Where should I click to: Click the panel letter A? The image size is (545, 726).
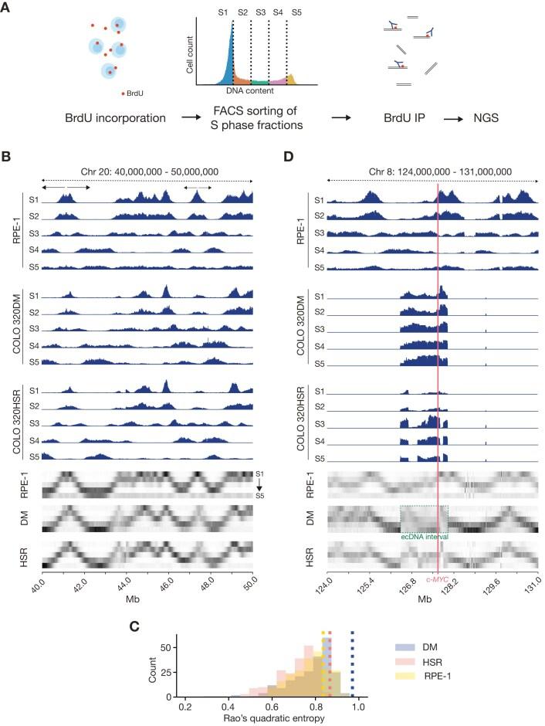(x=6, y=7)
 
